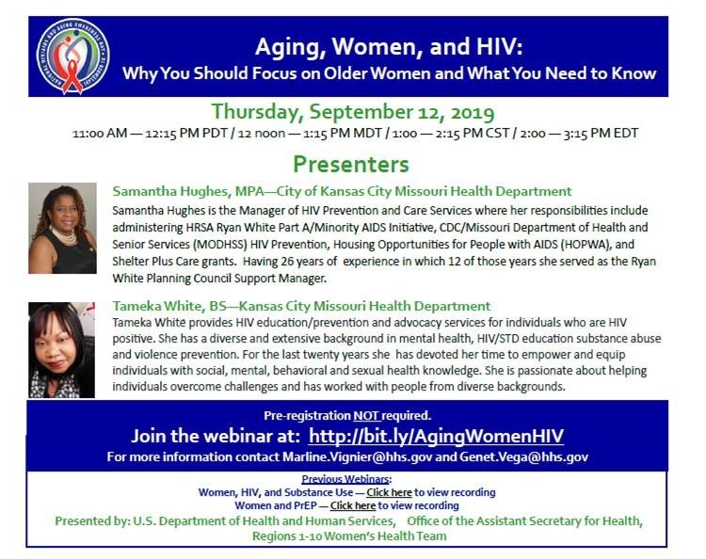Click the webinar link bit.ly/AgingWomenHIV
[436, 437]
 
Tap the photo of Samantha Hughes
[62, 228]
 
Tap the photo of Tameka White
[62, 349]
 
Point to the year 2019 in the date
[468, 113]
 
